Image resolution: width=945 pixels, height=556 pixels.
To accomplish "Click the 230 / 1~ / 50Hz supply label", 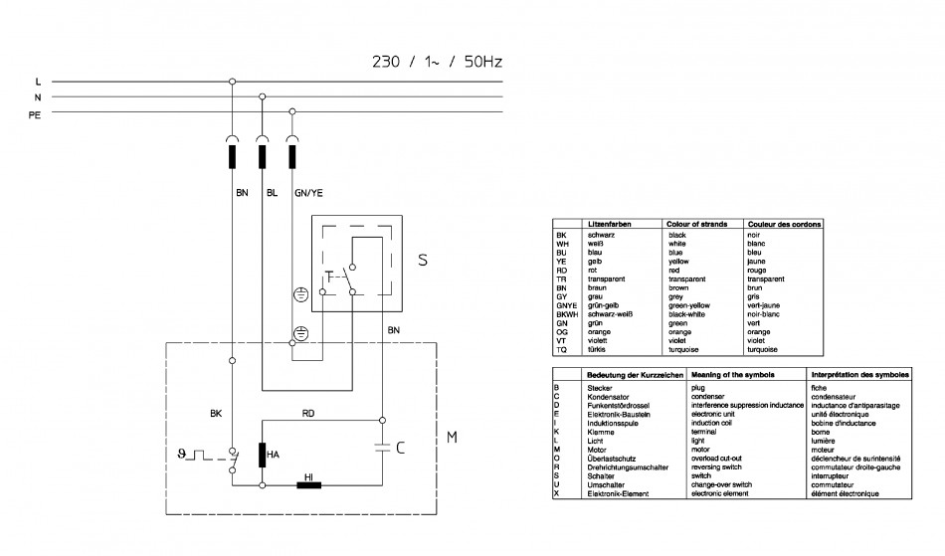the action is click(x=437, y=62).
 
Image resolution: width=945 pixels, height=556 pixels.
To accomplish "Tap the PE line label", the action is click(x=35, y=114).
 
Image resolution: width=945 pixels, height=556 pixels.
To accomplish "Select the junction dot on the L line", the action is click(x=232, y=82).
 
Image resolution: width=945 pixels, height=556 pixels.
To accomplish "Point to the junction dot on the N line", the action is click(x=263, y=96).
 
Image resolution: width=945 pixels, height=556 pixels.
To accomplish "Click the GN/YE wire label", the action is click(x=308, y=193).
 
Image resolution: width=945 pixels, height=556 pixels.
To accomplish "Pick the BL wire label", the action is click(x=272, y=193).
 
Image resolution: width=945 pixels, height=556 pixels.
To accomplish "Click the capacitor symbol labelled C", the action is click(x=382, y=448).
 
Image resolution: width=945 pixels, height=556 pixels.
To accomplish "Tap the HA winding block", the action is click(x=263, y=455).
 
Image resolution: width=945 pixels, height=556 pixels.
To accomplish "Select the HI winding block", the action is click(x=309, y=484).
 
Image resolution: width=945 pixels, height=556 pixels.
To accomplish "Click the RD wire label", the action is click(x=308, y=413).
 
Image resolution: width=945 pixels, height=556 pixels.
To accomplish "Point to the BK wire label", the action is click(x=216, y=413).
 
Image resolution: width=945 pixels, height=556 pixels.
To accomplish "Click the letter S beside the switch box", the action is click(x=423, y=260).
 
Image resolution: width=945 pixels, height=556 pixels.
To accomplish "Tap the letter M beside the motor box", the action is click(x=452, y=438).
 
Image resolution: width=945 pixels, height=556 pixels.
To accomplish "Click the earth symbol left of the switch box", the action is click(x=300, y=294).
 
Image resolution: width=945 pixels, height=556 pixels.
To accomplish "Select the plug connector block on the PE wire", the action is click(x=292, y=156).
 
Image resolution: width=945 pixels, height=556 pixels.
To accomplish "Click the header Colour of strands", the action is click(x=696, y=224).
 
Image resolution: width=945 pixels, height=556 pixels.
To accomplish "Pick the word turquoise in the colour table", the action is click(x=683, y=349).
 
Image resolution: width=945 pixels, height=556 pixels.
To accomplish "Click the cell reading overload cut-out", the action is click(x=716, y=459).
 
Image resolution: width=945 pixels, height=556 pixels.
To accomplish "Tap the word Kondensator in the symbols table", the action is click(x=608, y=397).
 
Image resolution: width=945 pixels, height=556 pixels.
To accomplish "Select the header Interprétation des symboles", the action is click(x=860, y=375).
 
